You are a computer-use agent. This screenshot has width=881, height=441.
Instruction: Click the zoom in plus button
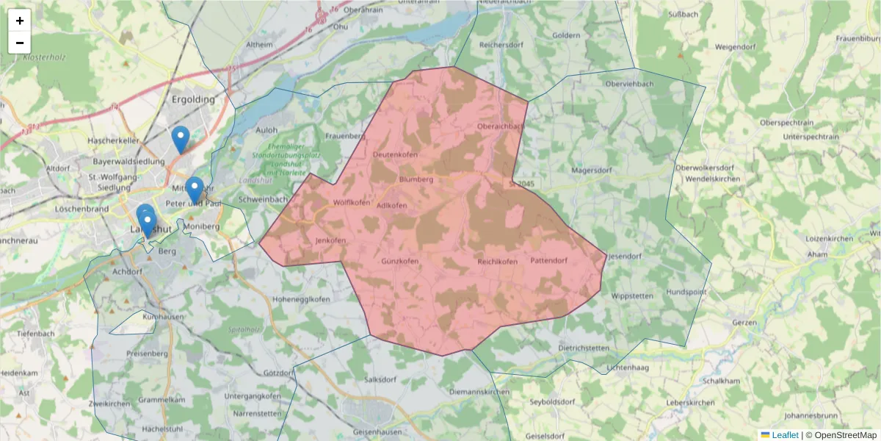pyautogui.click(x=20, y=21)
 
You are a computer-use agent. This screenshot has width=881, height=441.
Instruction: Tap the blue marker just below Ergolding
pyautogui.click(x=180, y=139)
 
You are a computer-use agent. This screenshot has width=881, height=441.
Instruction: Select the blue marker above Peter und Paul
pyautogui.click(x=194, y=190)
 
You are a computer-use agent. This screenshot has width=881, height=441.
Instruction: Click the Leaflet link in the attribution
pyautogui.click(x=784, y=435)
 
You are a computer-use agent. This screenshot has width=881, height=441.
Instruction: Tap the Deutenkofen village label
pyautogui.click(x=395, y=155)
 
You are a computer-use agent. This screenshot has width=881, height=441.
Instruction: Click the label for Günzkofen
pyautogui.click(x=400, y=262)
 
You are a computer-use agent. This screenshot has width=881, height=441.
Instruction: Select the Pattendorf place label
pyautogui.click(x=549, y=261)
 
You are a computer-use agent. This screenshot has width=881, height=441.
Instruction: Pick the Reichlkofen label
pyautogui.click(x=498, y=262)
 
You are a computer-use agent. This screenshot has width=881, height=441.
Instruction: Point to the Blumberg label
pyautogui.click(x=416, y=179)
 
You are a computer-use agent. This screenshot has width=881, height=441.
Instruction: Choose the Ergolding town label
pyautogui.click(x=193, y=99)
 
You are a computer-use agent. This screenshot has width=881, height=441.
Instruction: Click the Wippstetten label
pyautogui.click(x=632, y=295)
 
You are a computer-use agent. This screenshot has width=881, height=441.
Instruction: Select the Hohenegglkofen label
pyautogui.click(x=301, y=299)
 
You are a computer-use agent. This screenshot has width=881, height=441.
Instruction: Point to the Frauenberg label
pyautogui.click(x=346, y=136)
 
